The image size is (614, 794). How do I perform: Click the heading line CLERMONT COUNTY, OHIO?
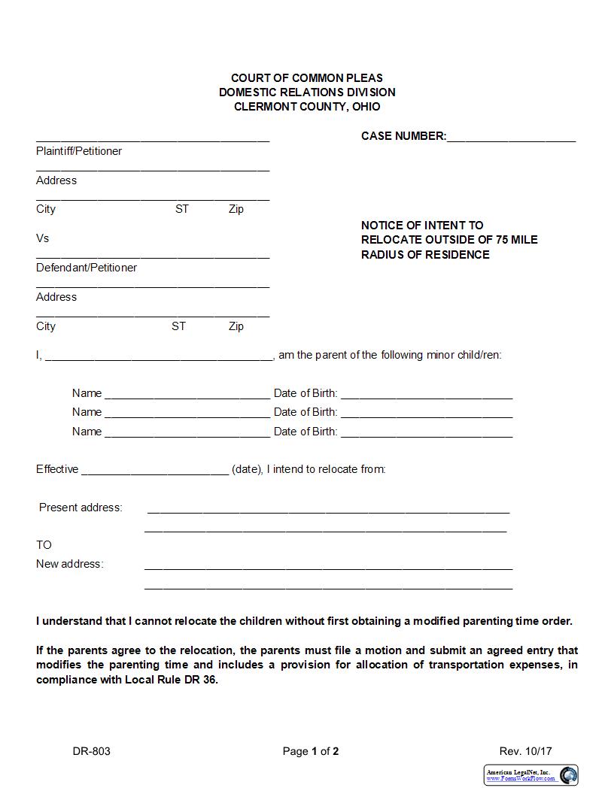point(307,107)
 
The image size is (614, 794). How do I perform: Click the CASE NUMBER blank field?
point(511,137)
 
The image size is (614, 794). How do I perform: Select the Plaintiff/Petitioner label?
point(79,151)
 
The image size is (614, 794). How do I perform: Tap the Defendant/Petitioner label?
point(87,268)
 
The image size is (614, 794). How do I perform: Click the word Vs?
point(42,238)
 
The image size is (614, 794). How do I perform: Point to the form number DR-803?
point(92,751)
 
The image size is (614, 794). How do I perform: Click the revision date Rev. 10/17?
point(525,751)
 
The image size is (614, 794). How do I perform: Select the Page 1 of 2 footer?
point(311,751)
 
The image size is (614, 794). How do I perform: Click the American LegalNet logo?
point(530,775)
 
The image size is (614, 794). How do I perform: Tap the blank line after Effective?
point(154,471)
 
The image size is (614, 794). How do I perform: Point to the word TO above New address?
point(44,545)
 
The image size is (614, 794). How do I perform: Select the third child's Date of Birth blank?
point(427,433)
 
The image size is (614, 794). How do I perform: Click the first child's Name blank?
point(187,394)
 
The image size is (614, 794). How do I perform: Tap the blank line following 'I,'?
point(159,356)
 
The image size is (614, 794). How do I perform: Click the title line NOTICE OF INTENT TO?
point(422,226)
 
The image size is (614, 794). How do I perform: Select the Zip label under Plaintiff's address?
point(236,209)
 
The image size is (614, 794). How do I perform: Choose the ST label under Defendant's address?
point(178,326)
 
